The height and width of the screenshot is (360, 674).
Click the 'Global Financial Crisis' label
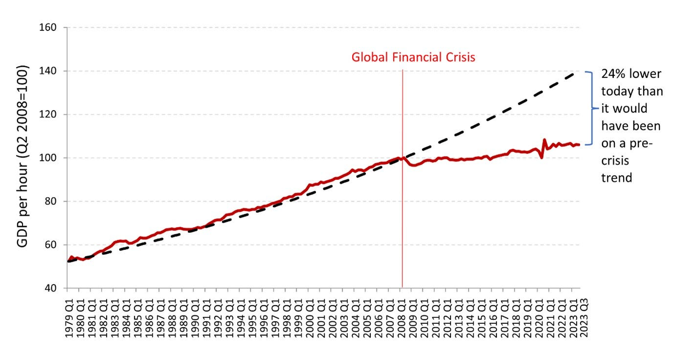pyautogui.click(x=413, y=57)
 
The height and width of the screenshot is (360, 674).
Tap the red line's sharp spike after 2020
pyautogui.click(x=544, y=140)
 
